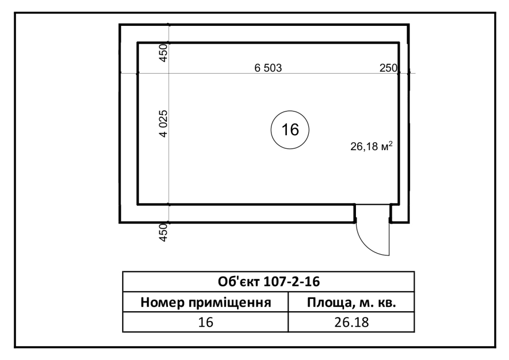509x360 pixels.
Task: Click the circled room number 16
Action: (290, 130)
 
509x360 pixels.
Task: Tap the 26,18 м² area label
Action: (371, 146)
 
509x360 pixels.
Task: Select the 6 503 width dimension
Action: (268, 68)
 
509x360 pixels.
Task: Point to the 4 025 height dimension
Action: (164, 124)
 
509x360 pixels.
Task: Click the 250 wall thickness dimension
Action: (388, 68)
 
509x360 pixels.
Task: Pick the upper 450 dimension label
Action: (164, 53)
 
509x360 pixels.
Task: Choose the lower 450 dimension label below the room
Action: (164, 232)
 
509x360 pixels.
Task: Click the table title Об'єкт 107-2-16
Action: (269, 281)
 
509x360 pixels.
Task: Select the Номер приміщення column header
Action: (205, 302)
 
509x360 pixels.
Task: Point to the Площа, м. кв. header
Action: (351, 302)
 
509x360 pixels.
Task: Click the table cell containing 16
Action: (205, 322)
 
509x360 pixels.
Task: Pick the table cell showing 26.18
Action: (351, 322)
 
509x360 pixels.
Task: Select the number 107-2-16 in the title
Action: (291, 281)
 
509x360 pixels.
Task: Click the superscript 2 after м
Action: (391, 143)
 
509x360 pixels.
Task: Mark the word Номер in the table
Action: (163, 302)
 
